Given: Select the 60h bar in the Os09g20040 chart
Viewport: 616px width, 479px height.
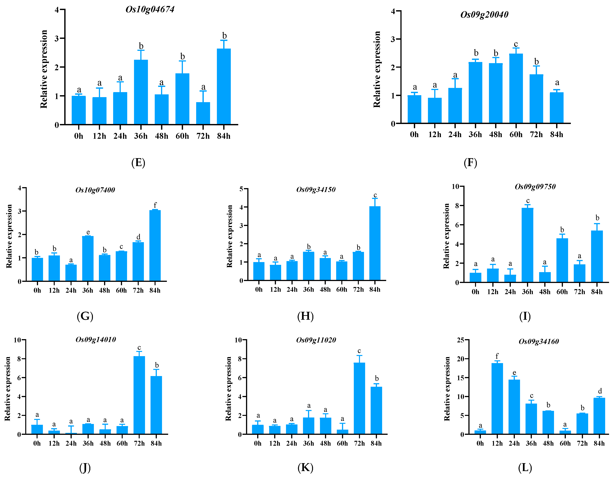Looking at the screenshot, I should pos(516,88).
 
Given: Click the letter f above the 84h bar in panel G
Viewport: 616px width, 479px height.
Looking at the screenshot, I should pos(155,205).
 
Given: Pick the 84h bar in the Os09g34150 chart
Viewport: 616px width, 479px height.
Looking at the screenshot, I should pos(375,243).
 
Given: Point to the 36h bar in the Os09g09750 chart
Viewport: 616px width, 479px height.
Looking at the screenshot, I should pos(527,245).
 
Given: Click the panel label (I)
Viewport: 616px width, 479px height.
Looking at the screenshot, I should pos(525,316).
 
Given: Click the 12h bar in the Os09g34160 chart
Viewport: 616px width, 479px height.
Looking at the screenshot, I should pos(497,398).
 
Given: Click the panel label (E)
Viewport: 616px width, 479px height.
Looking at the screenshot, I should pos(138,163).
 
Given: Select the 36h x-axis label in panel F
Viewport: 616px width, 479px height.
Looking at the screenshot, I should pos(475,135).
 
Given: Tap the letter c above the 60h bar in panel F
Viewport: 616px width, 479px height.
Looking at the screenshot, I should pos(516,44).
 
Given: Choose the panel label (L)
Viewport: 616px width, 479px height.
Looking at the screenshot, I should pos(525,468).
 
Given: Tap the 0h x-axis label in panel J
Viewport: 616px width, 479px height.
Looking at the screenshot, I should pos(37,443).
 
